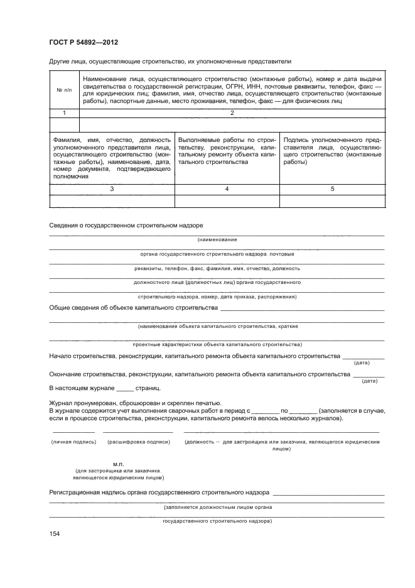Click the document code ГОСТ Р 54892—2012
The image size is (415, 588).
click(x=84, y=42)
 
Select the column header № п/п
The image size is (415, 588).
click(x=63, y=90)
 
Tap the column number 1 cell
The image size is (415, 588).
click(x=63, y=113)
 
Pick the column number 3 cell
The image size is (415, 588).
click(x=111, y=189)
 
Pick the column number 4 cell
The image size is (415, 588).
click(x=227, y=189)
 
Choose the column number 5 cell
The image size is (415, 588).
click(x=332, y=189)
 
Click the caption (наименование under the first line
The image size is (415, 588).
click(x=217, y=240)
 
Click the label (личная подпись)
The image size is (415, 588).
click(x=73, y=442)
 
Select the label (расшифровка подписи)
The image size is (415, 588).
click(x=139, y=442)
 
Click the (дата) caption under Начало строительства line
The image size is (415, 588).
click(x=362, y=363)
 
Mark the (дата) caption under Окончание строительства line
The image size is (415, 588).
click(x=370, y=381)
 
